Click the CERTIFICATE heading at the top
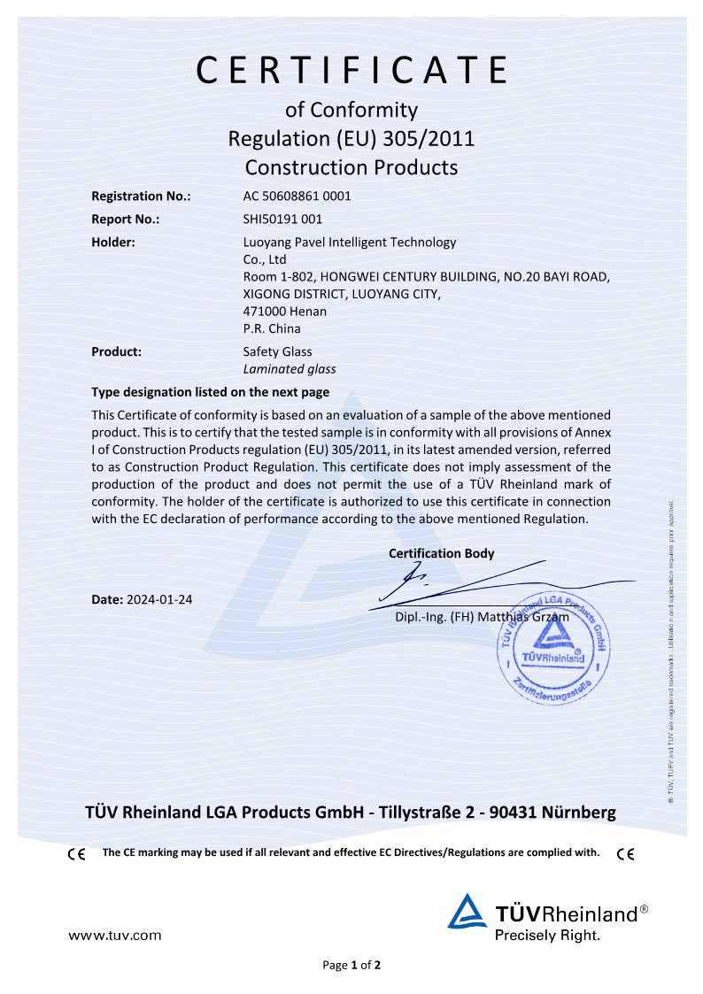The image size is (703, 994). (x=351, y=69)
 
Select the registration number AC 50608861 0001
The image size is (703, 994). (x=297, y=196)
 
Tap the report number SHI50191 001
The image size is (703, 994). (x=282, y=219)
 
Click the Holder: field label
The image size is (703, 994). (x=113, y=242)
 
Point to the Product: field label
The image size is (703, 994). (x=117, y=351)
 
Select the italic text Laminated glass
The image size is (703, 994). (x=289, y=369)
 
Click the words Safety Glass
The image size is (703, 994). (x=277, y=351)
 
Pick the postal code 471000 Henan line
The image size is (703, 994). (x=284, y=311)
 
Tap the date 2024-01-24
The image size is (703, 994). (x=159, y=599)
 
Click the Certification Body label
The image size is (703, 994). (x=441, y=553)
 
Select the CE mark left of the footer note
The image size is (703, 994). (x=76, y=854)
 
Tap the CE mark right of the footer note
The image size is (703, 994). (x=625, y=854)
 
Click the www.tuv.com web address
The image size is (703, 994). (x=115, y=934)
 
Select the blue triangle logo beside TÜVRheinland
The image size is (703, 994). (x=467, y=912)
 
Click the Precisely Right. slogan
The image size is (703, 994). (x=547, y=934)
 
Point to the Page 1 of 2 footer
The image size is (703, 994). (x=351, y=965)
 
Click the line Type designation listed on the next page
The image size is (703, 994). (x=211, y=392)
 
